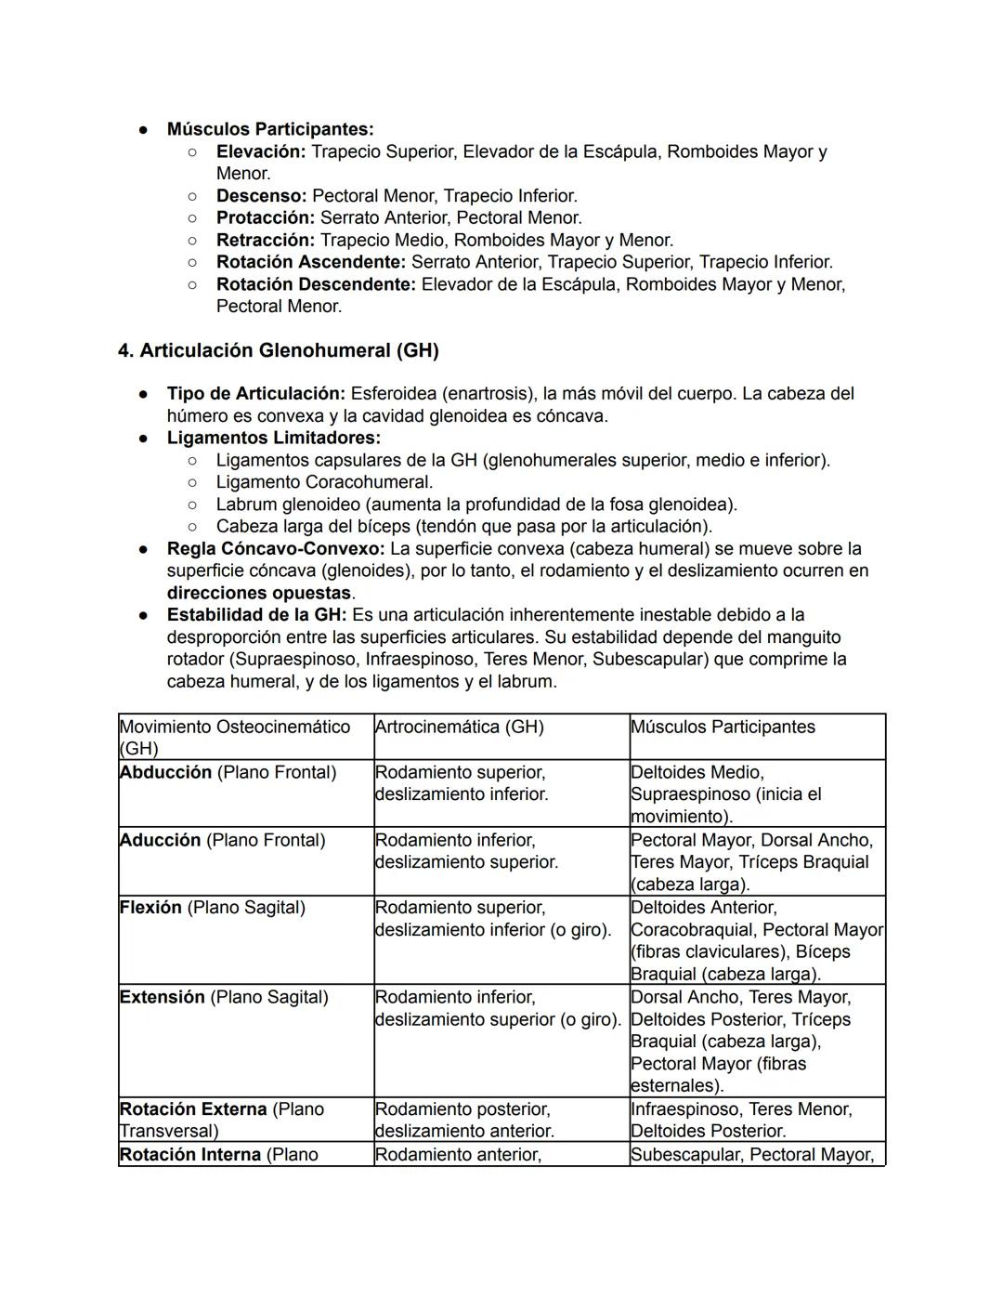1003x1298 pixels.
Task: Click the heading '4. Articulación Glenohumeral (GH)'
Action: [x=278, y=351]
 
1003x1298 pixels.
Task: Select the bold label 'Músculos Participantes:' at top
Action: [x=270, y=129]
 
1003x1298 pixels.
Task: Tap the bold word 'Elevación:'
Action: [x=260, y=151]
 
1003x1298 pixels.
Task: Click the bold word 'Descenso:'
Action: [x=261, y=196]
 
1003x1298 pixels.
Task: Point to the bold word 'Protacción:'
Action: [x=266, y=218]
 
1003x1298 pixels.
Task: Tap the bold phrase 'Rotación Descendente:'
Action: [x=316, y=285]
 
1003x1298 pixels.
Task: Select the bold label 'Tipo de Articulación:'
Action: [x=255, y=394]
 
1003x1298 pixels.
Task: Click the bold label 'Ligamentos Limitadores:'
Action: [x=273, y=438]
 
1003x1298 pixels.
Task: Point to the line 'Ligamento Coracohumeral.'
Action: [x=324, y=482]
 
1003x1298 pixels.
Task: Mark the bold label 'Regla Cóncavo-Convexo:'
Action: [x=276, y=549]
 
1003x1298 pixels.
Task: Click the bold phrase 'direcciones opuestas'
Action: [x=259, y=594]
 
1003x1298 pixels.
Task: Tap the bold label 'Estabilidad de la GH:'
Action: [x=256, y=615]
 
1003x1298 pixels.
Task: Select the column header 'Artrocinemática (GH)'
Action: [x=459, y=728]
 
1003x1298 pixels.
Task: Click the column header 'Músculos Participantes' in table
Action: [x=723, y=728]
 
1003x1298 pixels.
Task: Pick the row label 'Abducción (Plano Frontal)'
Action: [x=228, y=773]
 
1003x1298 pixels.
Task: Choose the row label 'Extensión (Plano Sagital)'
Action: [x=224, y=998]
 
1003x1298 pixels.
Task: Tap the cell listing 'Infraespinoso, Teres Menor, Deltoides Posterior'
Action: [x=741, y=1120]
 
